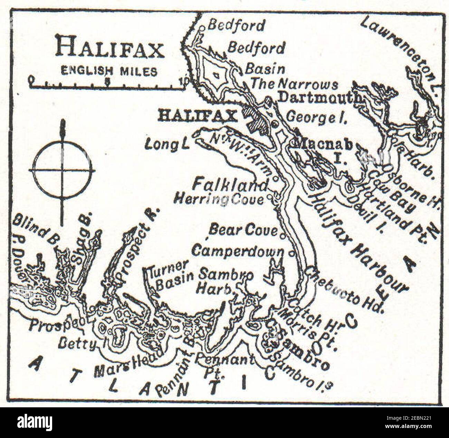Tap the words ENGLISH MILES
coord(109,71)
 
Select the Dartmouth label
coord(319,98)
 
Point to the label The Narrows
coord(294,84)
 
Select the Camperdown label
coord(238,251)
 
